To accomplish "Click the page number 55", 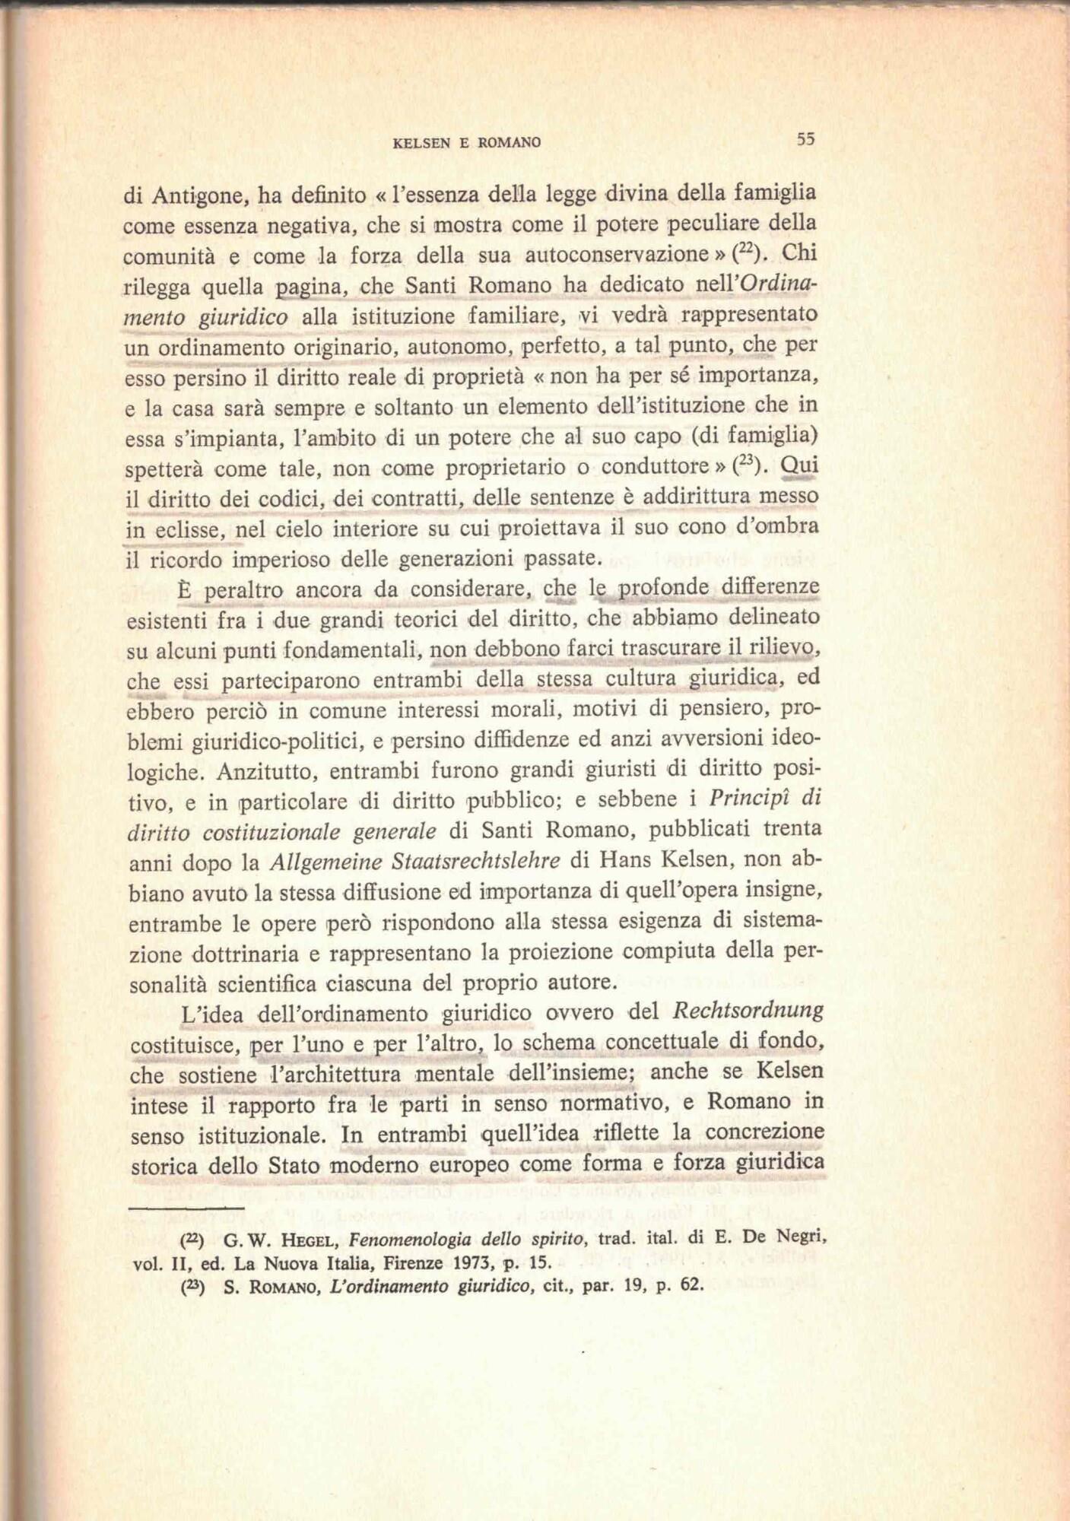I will point(805,139).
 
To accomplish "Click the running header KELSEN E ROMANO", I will point(467,142).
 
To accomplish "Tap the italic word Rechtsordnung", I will point(748,1011).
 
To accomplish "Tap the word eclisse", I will point(188,529).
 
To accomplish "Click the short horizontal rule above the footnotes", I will point(187,1207).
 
